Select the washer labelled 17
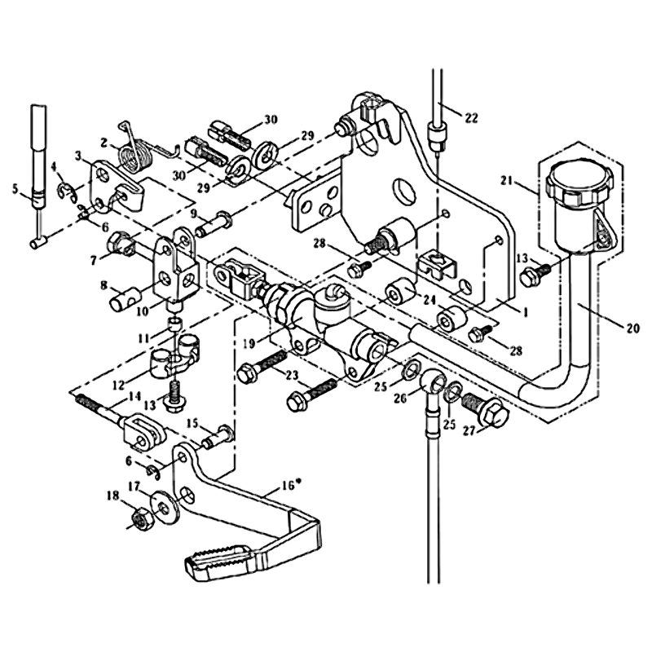point(165,507)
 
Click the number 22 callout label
point(471,118)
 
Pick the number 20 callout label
point(632,328)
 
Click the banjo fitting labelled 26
point(431,382)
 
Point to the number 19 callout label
point(249,343)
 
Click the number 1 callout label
point(525,313)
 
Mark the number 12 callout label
point(118,385)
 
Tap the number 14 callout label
point(134,396)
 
